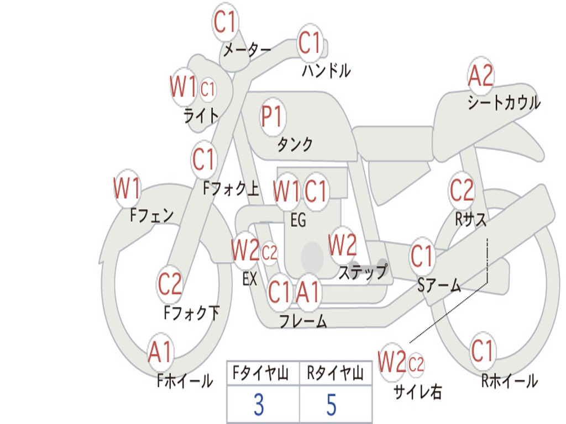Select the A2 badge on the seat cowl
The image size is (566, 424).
click(480, 76)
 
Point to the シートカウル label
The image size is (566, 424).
click(504, 103)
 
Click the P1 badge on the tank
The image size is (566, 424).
click(271, 116)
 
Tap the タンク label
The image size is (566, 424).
click(295, 145)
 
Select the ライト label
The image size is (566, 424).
click(201, 115)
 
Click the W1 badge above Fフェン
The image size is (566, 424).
click(127, 189)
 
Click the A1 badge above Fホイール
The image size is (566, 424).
click(160, 352)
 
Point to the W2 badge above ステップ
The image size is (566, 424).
click(342, 246)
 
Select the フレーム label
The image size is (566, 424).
click(303, 321)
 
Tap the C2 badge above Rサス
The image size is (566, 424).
click(462, 191)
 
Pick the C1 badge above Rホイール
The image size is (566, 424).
click(483, 351)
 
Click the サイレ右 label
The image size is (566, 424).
click(418, 391)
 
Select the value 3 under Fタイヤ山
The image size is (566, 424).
click(258, 405)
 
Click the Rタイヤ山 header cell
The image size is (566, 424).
click(335, 374)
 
